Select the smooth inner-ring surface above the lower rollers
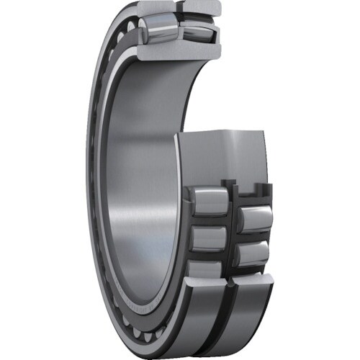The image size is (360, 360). [x=223, y=155]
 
